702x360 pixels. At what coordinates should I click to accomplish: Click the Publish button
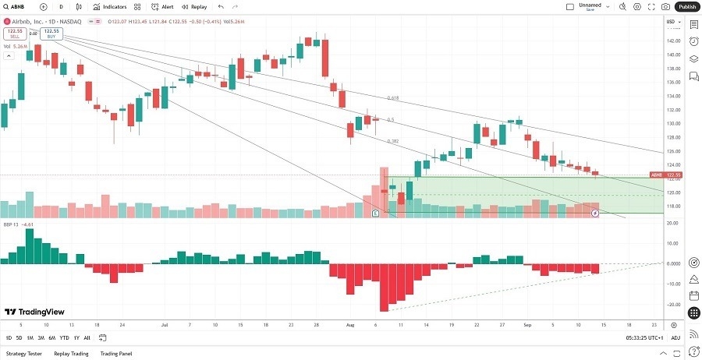tap(687, 6)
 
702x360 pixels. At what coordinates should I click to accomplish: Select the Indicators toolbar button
tap(110, 6)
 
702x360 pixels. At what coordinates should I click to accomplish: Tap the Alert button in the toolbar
tap(163, 6)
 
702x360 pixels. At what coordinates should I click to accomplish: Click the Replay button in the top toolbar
tap(194, 6)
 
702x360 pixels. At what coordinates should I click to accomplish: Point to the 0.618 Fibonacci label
tap(393, 99)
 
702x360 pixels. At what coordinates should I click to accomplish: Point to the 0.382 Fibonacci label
tap(393, 141)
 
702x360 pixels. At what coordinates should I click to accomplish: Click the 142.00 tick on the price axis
tap(672, 41)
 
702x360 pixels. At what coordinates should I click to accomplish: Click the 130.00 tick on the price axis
tap(672, 124)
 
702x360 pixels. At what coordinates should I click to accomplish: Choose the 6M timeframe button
tap(51, 337)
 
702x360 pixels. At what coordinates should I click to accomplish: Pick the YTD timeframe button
tap(64, 337)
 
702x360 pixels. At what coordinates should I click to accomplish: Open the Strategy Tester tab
tap(23, 353)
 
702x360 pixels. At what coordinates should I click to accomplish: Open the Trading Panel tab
tap(115, 353)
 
